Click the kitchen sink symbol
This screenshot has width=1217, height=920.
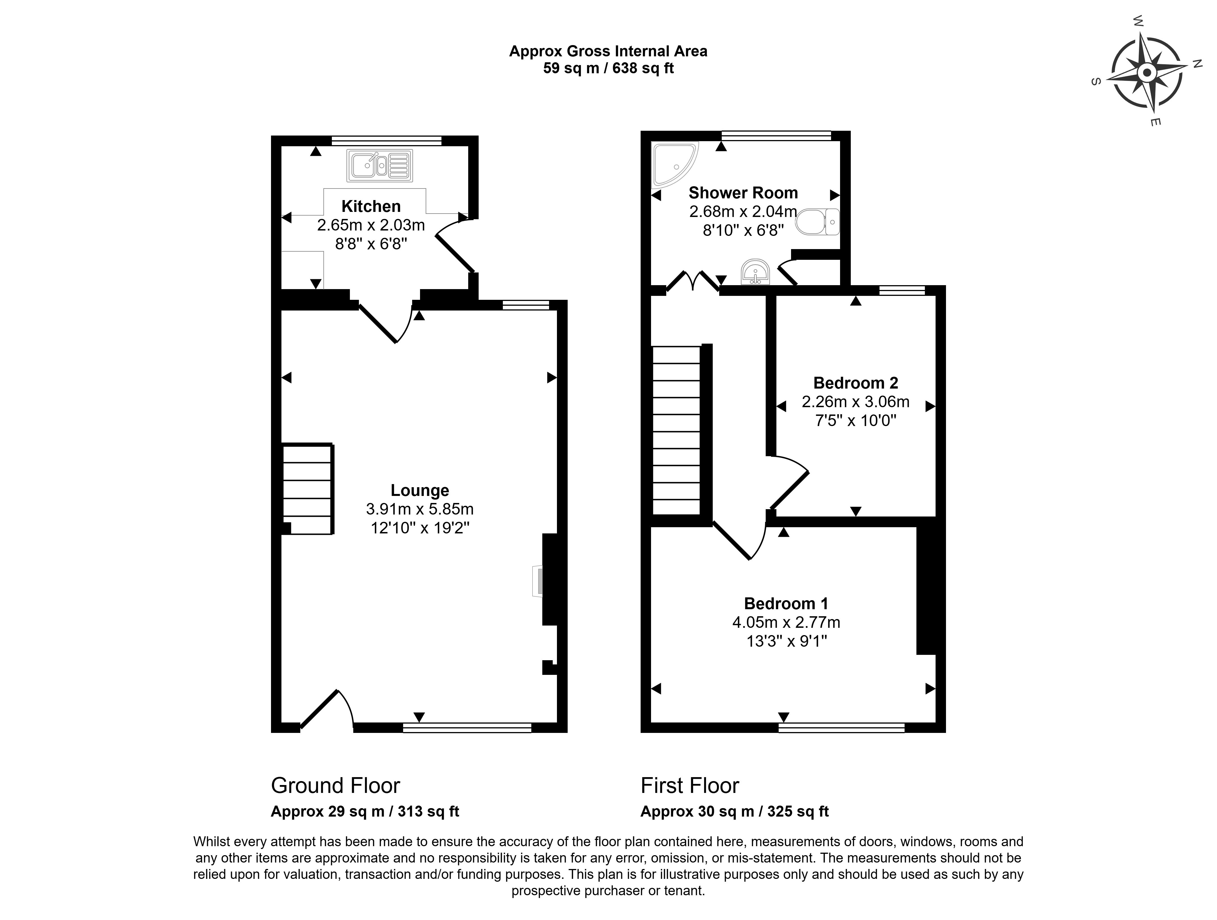380,166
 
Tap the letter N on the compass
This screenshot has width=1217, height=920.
1197,64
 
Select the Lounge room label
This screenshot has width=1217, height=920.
420,490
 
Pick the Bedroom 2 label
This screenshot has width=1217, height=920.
856,382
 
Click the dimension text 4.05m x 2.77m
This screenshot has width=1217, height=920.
786,622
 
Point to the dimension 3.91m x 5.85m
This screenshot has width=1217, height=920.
420,509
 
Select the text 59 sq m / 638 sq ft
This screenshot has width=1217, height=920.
608,68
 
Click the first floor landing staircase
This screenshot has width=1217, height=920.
677,430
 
